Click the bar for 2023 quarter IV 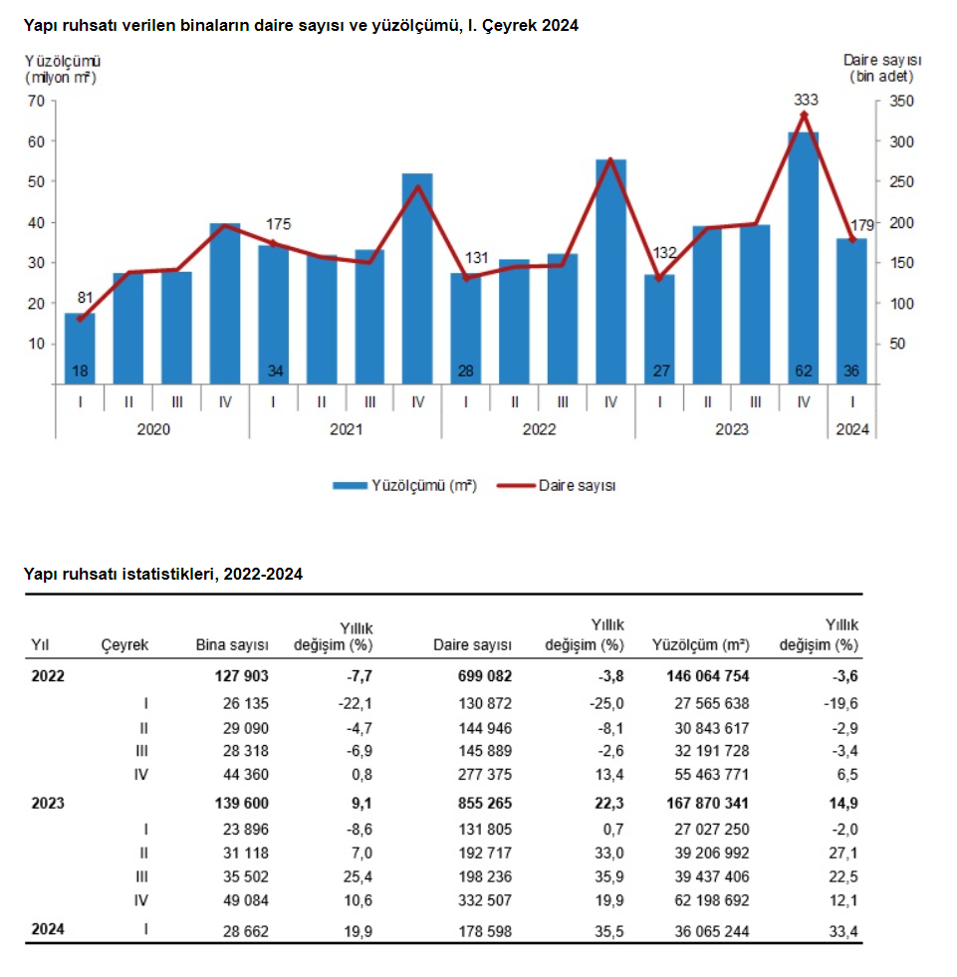click(x=804, y=259)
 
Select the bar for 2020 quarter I click(x=80, y=349)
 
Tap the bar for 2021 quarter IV click(x=417, y=279)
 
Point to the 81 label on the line click(x=87, y=296)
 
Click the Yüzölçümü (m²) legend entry click(x=404, y=485)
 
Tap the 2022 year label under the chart click(x=539, y=429)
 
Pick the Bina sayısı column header click(x=232, y=645)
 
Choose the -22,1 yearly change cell click(x=353, y=703)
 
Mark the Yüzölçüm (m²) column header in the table click(x=701, y=645)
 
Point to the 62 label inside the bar click(x=804, y=371)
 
